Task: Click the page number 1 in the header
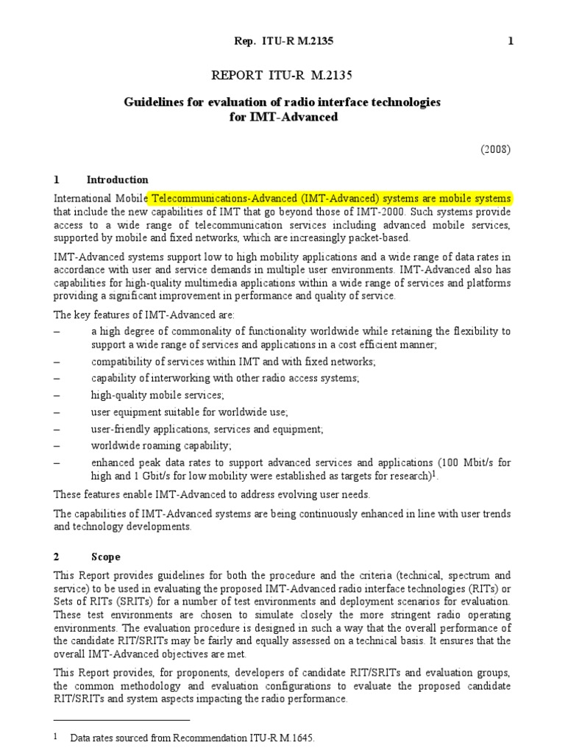(x=511, y=42)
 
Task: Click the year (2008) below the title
(x=496, y=149)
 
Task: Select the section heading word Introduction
(x=118, y=180)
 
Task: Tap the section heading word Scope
(x=104, y=557)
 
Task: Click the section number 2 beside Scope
(x=57, y=557)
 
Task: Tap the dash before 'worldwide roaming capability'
(x=57, y=446)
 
